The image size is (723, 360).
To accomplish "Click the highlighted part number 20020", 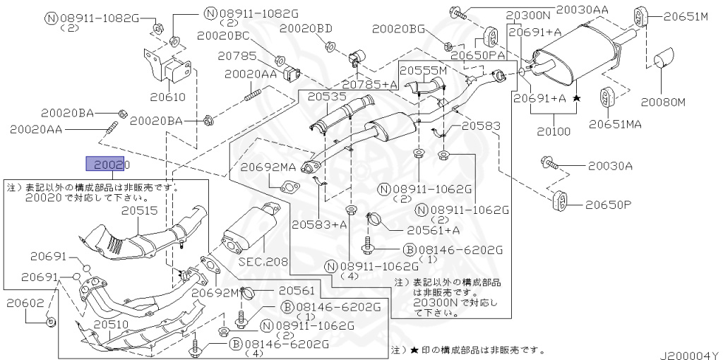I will coord(105,164).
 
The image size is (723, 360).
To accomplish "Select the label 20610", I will coord(167,97).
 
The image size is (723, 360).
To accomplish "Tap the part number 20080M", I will coord(663,102).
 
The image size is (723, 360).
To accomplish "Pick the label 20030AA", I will coord(582,9).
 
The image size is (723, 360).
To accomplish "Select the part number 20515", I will coord(139,210).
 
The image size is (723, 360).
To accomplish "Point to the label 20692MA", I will coord(268,168).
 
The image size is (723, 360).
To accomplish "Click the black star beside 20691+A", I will coord(577,98).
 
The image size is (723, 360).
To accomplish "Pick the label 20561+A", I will coord(434,230).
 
